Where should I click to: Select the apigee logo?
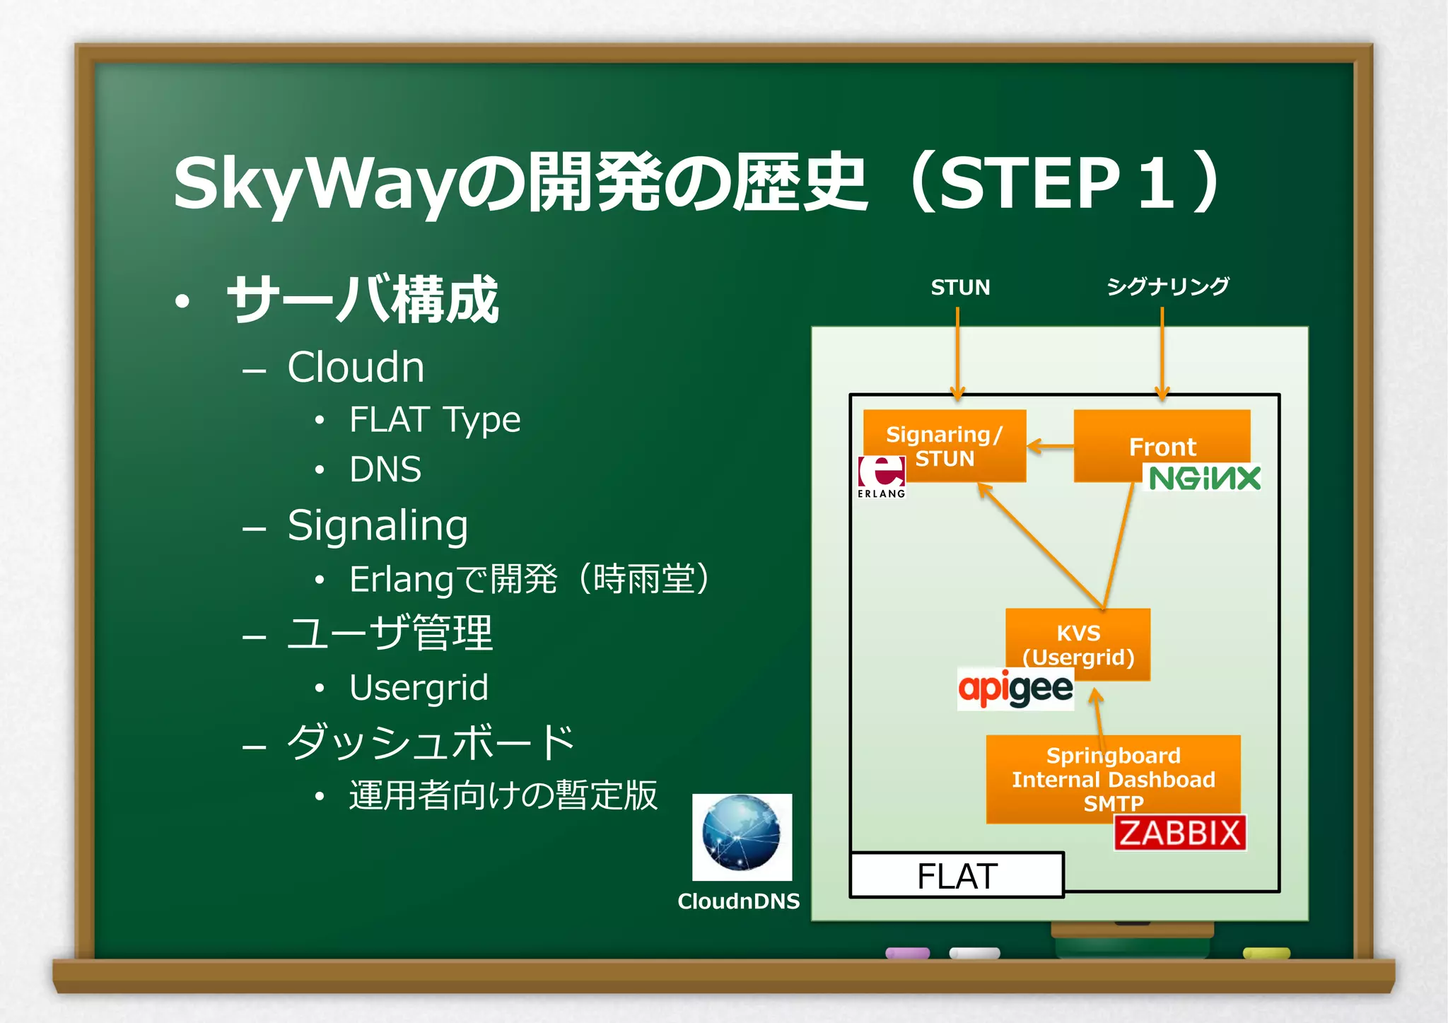click(1015, 689)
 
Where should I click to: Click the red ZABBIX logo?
click(1179, 833)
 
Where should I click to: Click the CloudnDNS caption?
click(738, 901)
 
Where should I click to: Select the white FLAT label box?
click(957, 876)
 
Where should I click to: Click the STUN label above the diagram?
click(960, 287)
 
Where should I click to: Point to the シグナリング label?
click(1167, 286)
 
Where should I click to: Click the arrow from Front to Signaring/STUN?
click(1050, 446)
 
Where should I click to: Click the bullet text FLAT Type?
click(435, 420)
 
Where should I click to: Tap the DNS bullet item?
click(385, 469)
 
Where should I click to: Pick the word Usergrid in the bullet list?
click(419, 687)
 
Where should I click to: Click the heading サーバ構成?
click(362, 300)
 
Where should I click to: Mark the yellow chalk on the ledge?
click(1266, 954)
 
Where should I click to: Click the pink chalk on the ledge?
click(907, 953)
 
